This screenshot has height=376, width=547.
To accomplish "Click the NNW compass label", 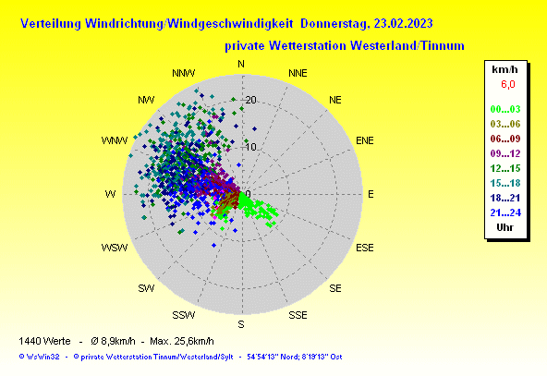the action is (184, 73).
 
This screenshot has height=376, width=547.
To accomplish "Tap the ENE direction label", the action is (365, 140).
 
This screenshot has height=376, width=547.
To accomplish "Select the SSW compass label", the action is (184, 315).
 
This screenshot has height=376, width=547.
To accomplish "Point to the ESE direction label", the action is (365, 248).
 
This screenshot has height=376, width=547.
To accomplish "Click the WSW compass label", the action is (115, 248).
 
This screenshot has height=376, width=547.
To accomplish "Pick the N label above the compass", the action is (241, 64).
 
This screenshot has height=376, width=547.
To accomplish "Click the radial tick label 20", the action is (250, 100).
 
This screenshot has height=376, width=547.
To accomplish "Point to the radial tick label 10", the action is (250, 147).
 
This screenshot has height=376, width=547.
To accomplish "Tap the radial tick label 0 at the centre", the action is (248, 194).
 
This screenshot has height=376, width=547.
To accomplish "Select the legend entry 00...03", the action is (505, 109).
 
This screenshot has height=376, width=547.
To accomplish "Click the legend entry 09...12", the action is (505, 153).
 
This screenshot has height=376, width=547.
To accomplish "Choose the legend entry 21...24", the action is (505, 212).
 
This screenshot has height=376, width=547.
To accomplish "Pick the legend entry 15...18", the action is (505, 183).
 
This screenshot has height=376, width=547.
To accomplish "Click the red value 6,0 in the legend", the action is (508, 84).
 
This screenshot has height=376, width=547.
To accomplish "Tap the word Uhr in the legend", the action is (504, 227).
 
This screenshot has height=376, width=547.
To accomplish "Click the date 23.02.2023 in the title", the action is (403, 24).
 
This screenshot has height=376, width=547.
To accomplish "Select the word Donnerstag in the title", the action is (334, 24).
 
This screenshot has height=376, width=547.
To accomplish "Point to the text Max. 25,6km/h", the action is (182, 341).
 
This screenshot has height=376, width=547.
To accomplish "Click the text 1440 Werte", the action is (44, 341).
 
